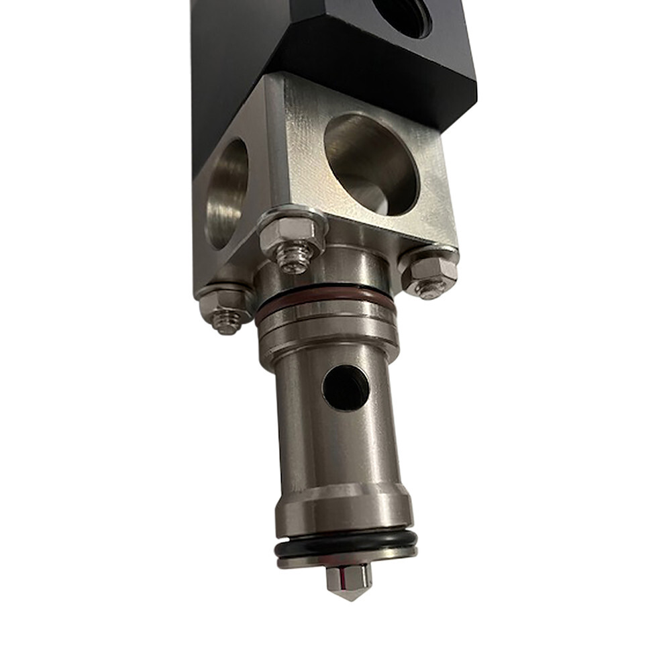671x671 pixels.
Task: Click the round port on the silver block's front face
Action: tap(371, 164)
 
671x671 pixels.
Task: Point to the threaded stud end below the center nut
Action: tap(296, 258)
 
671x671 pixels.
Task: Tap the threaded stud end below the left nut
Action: tap(227, 323)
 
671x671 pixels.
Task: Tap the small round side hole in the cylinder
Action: tap(346, 388)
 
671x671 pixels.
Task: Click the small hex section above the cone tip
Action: tap(348, 574)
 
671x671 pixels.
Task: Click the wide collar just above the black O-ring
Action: tap(344, 510)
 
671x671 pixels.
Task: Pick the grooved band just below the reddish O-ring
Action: tap(327, 322)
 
